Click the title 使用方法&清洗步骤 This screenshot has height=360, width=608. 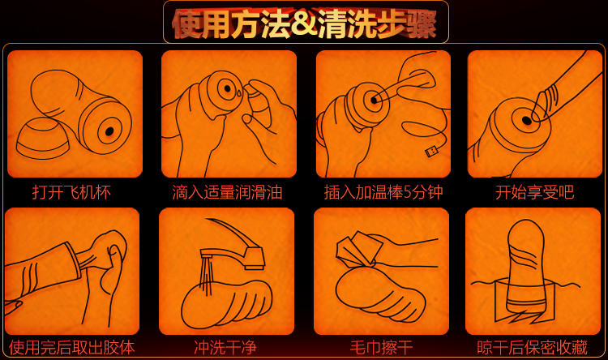click(x=305, y=24)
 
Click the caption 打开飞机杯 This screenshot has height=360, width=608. click(x=71, y=192)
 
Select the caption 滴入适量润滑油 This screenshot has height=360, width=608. click(x=227, y=192)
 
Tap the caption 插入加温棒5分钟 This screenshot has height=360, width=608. click(x=383, y=192)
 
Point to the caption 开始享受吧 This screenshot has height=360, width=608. click(x=535, y=192)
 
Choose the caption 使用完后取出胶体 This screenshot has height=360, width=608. click(x=71, y=347)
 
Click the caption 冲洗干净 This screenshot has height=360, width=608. click(x=225, y=347)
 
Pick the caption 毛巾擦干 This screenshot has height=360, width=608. click(x=381, y=347)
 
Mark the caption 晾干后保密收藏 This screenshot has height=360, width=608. click(x=533, y=347)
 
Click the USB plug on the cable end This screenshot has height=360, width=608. click(x=430, y=151)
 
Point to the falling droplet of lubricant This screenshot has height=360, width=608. click(x=239, y=92)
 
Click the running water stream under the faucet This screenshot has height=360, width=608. click(x=206, y=273)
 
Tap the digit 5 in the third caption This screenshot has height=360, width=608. click(x=407, y=193)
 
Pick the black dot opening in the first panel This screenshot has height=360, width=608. click(x=109, y=131)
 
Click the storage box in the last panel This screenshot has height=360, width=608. click(x=525, y=301)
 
